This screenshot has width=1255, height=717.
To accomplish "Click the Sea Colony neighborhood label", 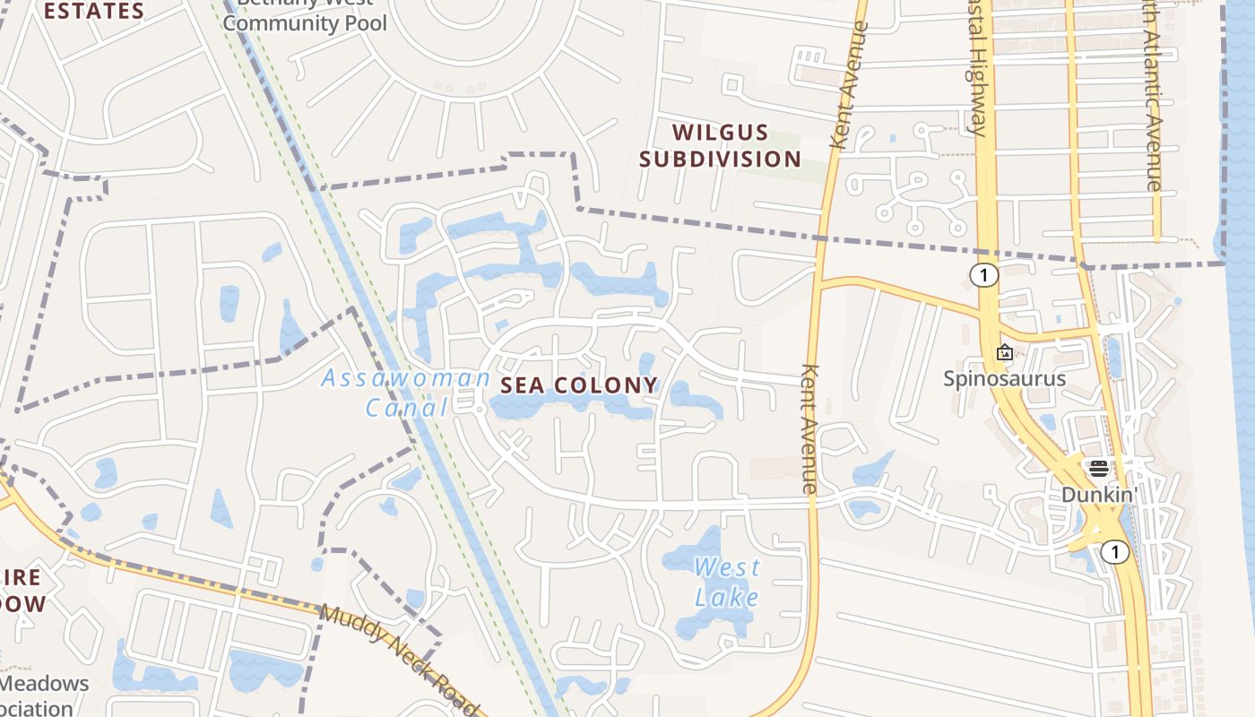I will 579,385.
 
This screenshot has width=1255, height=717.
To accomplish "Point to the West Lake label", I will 727,582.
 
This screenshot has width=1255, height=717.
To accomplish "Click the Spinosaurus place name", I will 1004,378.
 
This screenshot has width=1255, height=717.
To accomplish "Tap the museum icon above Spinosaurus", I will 1005,353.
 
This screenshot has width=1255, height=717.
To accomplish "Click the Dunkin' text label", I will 1099,495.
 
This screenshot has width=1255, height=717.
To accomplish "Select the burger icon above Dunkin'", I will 1098,468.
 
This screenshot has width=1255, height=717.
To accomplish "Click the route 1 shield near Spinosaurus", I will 984,275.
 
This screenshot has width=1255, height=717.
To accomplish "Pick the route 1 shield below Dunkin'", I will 1114,552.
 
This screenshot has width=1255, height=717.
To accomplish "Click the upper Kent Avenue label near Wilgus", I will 850,85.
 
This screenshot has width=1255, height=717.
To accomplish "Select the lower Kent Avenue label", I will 809,428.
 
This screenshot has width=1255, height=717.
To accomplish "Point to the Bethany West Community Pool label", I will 305,18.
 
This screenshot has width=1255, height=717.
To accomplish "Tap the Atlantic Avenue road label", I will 1152,99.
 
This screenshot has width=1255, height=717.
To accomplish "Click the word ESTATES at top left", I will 94,12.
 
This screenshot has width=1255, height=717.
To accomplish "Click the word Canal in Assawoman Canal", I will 406,408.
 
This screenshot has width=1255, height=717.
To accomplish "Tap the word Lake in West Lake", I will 727,597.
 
